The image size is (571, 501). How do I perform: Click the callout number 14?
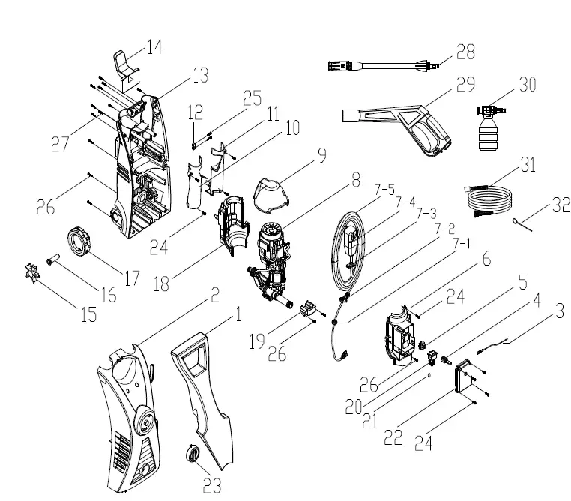coord(154,47)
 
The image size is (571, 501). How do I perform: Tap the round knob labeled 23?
coord(193,454)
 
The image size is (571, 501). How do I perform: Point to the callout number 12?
coord(196,112)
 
